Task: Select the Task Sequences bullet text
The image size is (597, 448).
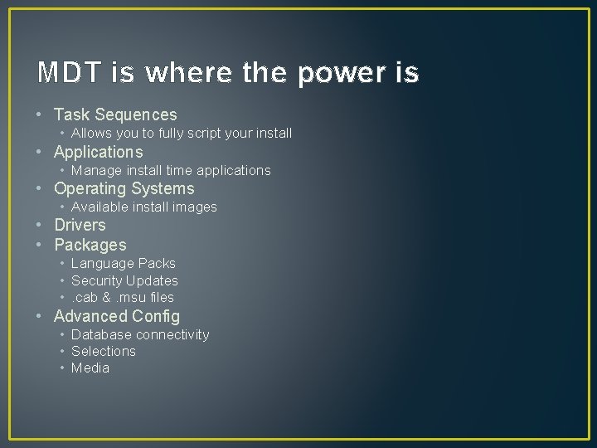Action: click(115, 114)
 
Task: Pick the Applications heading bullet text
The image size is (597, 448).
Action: click(98, 152)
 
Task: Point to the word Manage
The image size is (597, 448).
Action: click(93, 170)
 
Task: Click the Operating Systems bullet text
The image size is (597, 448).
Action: click(124, 188)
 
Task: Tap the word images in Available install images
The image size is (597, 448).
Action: click(195, 207)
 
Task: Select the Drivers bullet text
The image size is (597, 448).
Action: click(80, 225)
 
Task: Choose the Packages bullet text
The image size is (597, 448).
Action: click(90, 245)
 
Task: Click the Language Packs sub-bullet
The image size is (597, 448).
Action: click(124, 263)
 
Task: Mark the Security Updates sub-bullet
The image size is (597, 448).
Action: click(124, 280)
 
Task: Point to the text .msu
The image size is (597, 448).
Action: click(132, 297)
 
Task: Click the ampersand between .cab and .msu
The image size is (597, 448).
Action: click(107, 297)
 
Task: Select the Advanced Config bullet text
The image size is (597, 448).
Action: click(116, 316)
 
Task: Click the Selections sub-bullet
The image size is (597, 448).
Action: click(103, 351)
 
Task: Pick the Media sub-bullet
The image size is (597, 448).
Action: click(90, 368)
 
